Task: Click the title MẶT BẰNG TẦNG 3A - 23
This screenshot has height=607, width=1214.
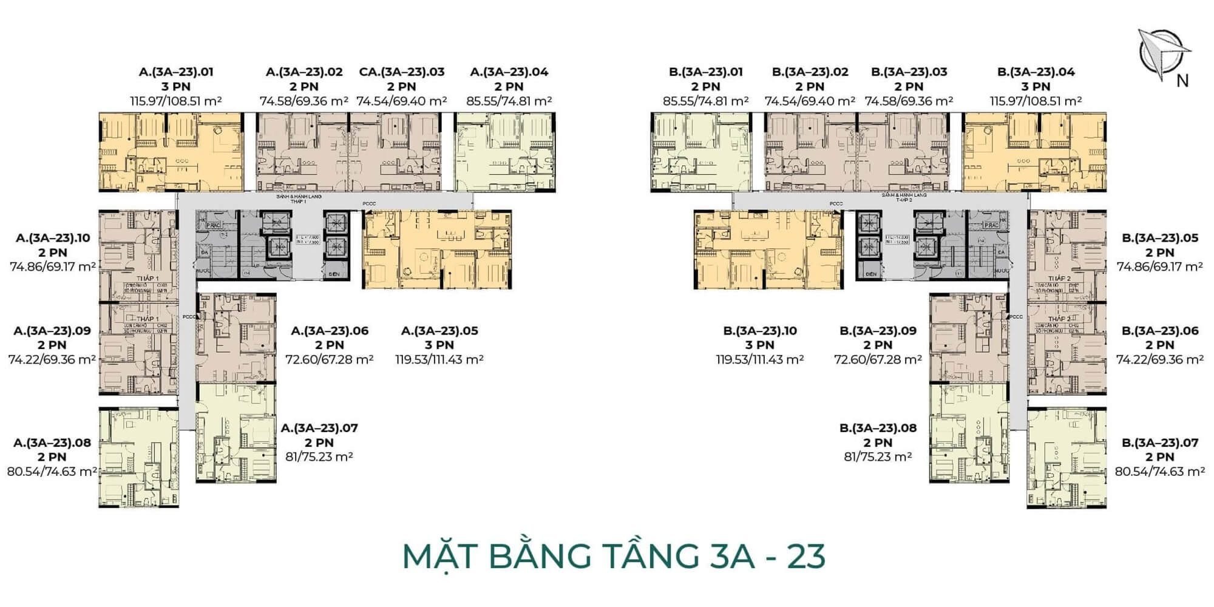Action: (x=614, y=556)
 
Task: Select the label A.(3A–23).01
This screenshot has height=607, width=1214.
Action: (x=176, y=72)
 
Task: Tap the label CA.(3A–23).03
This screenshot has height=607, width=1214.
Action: (x=402, y=72)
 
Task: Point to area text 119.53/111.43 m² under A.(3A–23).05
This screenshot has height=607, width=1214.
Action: (x=439, y=360)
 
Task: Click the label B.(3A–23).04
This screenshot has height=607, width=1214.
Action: (x=1036, y=72)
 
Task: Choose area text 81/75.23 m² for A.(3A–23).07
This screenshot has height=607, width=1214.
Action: (x=319, y=457)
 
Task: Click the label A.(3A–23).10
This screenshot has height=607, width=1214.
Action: (x=53, y=238)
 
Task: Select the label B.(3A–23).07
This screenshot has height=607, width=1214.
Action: (x=1160, y=443)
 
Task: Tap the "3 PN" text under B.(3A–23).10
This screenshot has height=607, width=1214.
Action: (x=760, y=345)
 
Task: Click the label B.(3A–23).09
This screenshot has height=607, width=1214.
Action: (x=878, y=331)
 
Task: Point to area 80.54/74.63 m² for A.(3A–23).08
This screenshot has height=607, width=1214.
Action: (x=52, y=472)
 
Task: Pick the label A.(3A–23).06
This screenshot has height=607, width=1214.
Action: (x=330, y=331)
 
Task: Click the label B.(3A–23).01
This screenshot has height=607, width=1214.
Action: (x=705, y=72)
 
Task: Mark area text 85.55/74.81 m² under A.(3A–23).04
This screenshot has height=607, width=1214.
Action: (x=509, y=101)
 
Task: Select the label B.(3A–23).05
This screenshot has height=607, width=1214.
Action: (x=1160, y=238)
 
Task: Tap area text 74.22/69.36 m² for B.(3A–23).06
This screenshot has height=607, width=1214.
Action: (x=1160, y=360)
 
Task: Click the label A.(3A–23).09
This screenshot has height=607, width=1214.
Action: (x=52, y=331)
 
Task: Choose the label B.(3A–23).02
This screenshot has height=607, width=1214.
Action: (x=810, y=72)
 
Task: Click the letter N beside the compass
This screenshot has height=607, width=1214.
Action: (x=1182, y=81)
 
